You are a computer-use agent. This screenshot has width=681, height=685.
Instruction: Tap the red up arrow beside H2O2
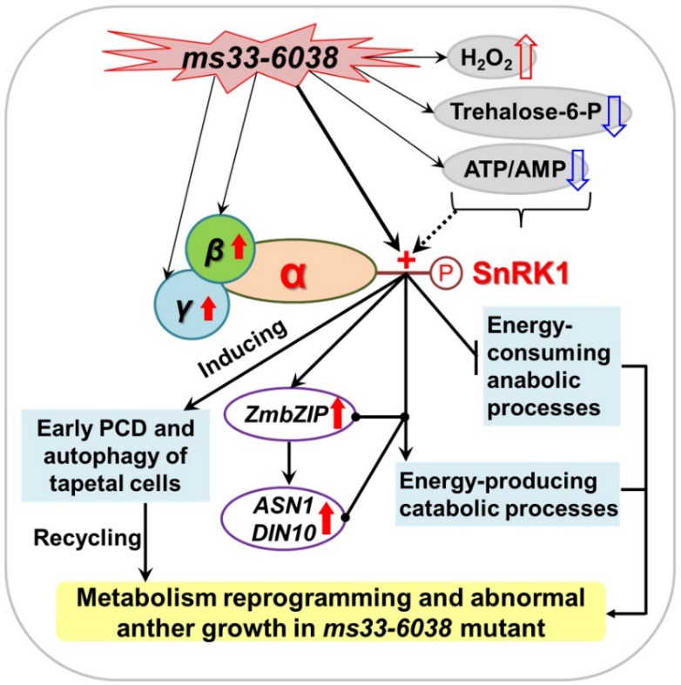pos(525,60)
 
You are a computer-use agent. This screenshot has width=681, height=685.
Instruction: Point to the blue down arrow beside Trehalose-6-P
pos(616,115)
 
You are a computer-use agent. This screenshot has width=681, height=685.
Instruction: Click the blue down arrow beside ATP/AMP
pos(576,167)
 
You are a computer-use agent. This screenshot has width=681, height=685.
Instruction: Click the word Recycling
pos(88,538)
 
